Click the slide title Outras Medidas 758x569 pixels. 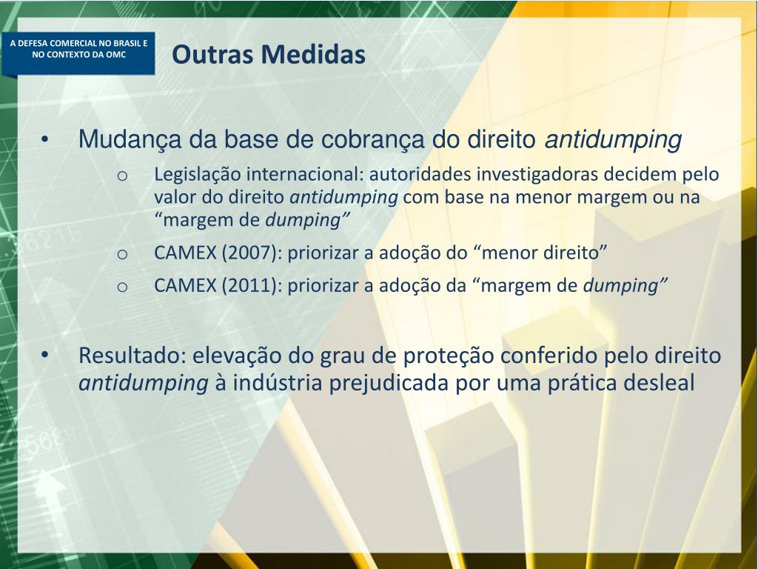269,55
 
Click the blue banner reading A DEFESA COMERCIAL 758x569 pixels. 78,49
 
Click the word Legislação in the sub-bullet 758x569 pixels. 198,175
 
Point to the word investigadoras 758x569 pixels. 539,175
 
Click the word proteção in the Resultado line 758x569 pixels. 449,356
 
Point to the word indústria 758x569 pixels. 280,384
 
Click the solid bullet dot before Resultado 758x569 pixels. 47,356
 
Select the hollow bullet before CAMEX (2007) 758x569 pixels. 123,254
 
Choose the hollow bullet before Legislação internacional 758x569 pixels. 123,176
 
